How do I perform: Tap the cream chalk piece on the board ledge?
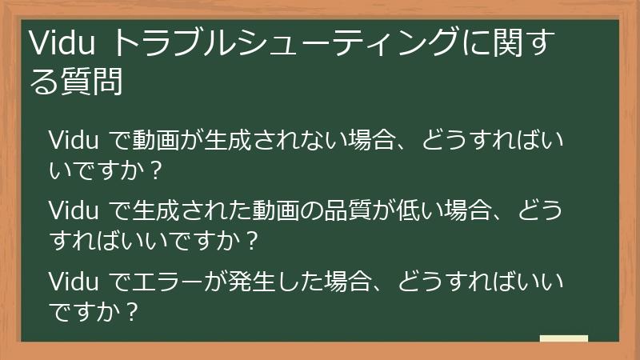563,338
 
